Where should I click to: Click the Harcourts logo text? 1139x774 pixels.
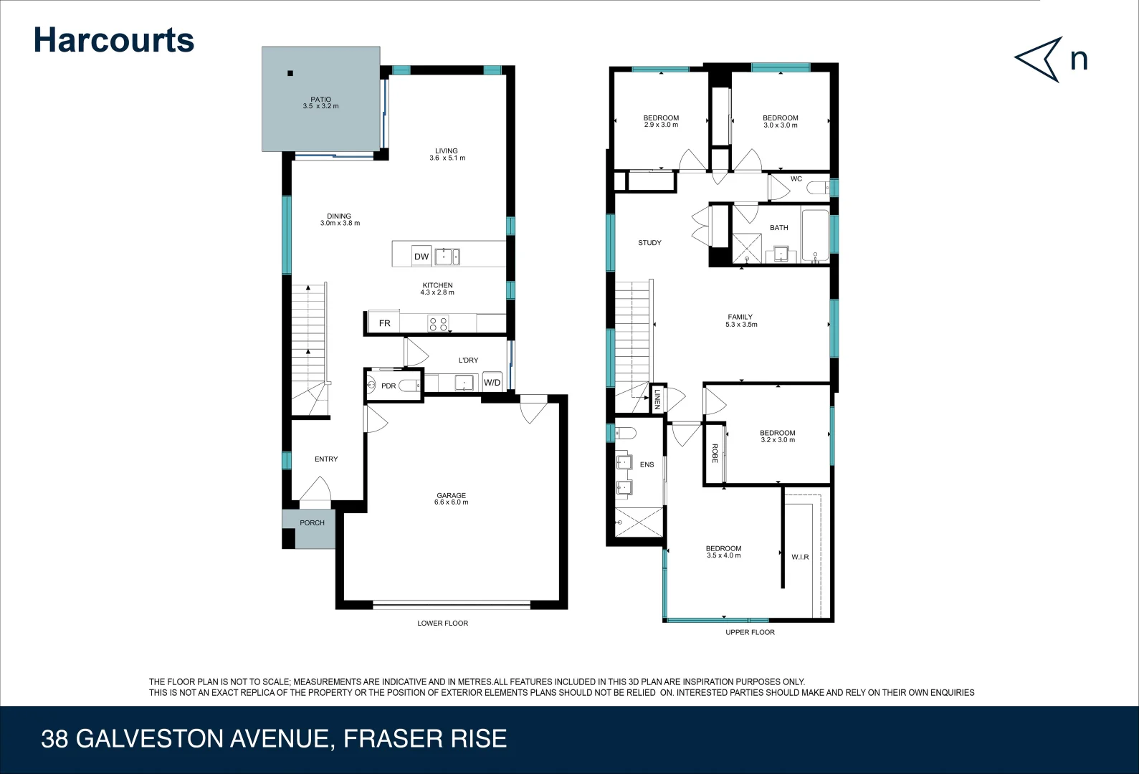point(114,41)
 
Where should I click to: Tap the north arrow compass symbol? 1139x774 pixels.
point(1039,59)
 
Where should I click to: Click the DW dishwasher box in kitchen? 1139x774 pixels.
point(421,257)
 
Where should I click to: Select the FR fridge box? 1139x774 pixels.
point(384,323)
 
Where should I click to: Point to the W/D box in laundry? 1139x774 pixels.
point(492,383)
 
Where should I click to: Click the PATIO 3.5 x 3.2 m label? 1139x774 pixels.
point(320,103)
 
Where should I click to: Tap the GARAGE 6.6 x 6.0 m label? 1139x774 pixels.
point(451,499)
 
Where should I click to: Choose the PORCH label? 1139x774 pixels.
point(312,523)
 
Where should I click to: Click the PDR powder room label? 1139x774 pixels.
point(389,386)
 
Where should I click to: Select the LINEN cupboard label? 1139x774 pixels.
point(657,399)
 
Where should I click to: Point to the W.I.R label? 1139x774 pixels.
point(800,557)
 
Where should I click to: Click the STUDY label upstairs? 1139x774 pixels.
point(649,243)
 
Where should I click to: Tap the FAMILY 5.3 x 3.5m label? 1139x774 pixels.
point(740,320)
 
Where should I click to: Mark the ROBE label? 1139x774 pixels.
point(715,453)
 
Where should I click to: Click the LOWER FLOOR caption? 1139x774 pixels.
point(442,623)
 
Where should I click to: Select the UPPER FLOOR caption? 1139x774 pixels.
point(750,632)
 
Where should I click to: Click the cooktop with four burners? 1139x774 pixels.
point(438,324)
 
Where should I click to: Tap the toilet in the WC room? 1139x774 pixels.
point(818,188)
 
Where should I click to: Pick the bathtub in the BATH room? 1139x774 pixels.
point(815,234)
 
